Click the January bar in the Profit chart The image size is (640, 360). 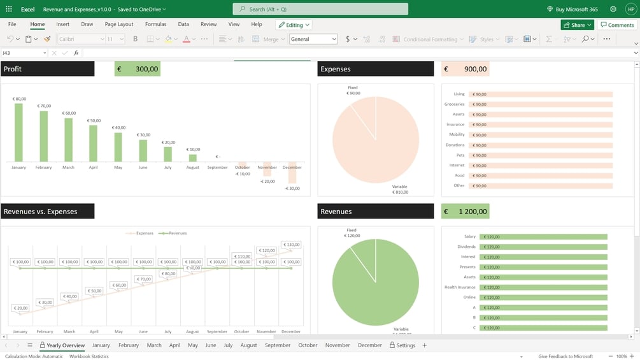(18, 133)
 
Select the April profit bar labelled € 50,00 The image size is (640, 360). (93, 143)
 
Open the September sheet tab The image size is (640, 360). (278, 345)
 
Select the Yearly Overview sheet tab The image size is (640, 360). (62, 345)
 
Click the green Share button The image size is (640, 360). (577, 25)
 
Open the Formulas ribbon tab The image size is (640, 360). (155, 24)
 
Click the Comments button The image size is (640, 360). (617, 25)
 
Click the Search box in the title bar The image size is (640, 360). (320, 9)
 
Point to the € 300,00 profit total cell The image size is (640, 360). (137, 69)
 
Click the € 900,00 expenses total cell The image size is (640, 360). (465, 69)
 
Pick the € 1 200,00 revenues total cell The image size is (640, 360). (465, 212)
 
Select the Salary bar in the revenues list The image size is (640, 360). (543, 236)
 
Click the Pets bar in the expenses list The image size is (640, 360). (541, 155)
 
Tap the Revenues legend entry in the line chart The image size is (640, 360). (174, 233)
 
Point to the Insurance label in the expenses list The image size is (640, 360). (455, 124)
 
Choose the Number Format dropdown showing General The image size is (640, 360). (313, 39)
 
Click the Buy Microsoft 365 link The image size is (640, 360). (572, 9)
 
